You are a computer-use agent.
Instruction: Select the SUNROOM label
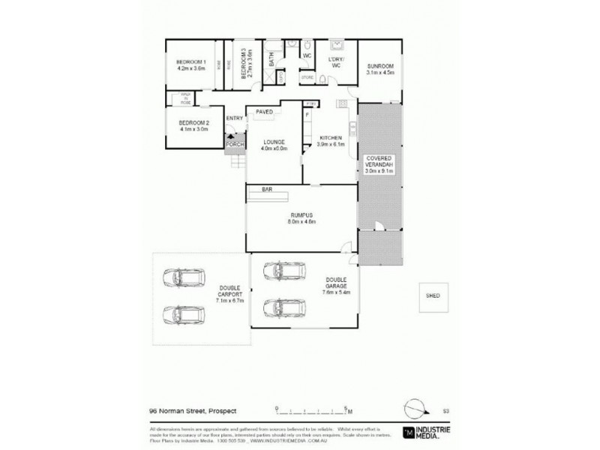[x=379, y=67]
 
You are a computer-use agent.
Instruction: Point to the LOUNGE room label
[x=274, y=141]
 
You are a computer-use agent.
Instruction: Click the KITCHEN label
[x=331, y=139]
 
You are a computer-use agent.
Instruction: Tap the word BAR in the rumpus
[x=266, y=190]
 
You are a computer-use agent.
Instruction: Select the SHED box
[x=433, y=296]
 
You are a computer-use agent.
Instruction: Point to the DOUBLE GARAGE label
[x=335, y=283]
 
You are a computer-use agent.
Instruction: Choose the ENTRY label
[x=235, y=118]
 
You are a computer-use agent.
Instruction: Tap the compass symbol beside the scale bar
[x=414, y=409]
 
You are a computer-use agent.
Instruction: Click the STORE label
[x=307, y=76]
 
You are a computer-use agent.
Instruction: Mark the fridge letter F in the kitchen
[x=307, y=114]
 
